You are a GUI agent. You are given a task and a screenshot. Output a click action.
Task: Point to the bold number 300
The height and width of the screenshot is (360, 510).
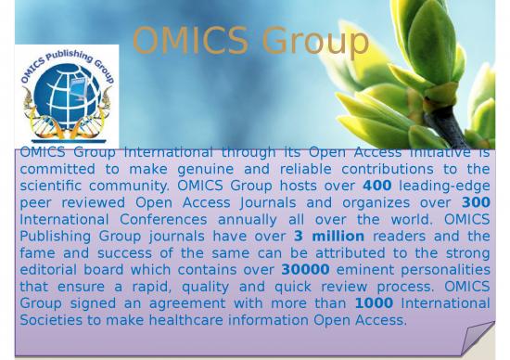475,202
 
